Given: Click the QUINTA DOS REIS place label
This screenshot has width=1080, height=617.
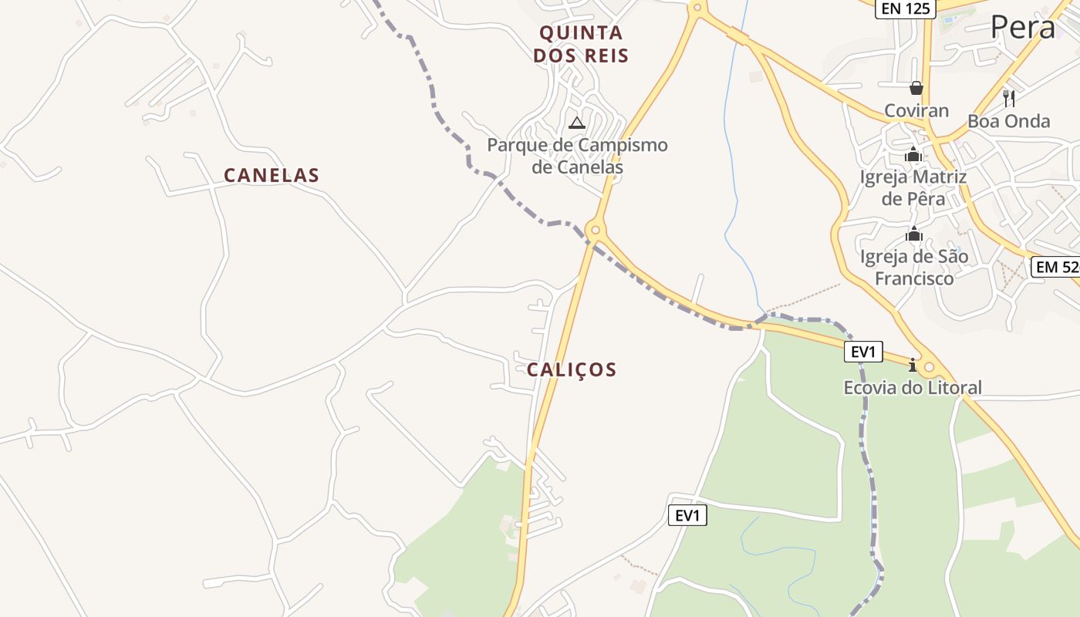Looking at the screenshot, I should click(x=580, y=44).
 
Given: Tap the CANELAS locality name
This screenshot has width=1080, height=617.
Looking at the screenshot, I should click(x=272, y=176).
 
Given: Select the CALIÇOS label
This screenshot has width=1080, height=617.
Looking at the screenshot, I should click(x=572, y=370).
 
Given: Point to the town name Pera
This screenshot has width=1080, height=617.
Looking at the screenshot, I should click(x=1022, y=28).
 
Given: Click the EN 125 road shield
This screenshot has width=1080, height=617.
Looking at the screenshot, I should click(x=905, y=9).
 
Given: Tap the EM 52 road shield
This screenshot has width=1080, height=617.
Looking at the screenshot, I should click(x=1056, y=267).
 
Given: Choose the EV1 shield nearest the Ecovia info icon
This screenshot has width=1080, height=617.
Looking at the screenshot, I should click(x=863, y=352).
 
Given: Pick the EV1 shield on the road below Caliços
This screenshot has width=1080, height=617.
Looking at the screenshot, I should click(x=687, y=515).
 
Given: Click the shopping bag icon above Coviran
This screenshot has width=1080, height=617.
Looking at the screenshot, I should click(x=916, y=88).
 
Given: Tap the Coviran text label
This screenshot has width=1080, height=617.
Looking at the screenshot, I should click(x=916, y=110).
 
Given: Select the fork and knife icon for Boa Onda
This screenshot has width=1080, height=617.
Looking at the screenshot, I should click(x=1008, y=98).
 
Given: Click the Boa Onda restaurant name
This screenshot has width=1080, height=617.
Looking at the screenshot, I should click(x=1008, y=121).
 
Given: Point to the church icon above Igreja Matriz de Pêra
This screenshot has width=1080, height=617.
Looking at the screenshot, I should click(x=913, y=155).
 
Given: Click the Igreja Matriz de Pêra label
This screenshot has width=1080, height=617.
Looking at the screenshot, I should click(x=913, y=187).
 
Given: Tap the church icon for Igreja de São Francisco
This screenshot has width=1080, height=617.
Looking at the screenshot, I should click(x=914, y=234).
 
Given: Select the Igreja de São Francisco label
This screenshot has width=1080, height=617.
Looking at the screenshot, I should click(x=914, y=267).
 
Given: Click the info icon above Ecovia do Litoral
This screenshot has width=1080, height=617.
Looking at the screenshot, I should click(x=913, y=364).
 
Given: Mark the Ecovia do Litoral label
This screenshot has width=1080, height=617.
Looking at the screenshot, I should click(x=913, y=387).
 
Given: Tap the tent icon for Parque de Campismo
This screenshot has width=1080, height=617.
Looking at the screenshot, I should click(x=577, y=123).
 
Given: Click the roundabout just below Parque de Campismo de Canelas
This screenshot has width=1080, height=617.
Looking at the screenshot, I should click(x=594, y=230).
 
